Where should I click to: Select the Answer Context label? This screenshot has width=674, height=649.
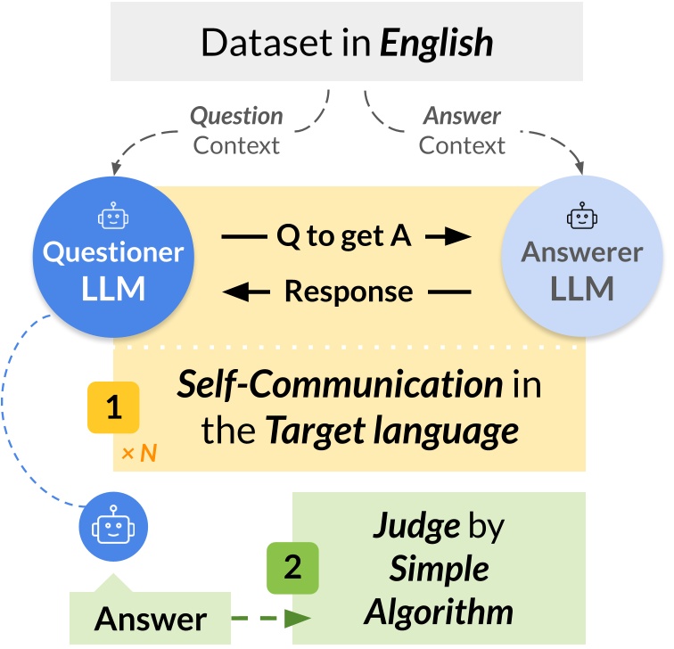(462, 130)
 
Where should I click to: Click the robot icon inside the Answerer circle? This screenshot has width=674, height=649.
(581, 217)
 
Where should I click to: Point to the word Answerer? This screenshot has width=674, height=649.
(581, 252)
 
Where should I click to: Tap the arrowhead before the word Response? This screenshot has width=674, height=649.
(236, 292)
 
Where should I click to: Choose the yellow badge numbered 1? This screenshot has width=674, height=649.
(113, 407)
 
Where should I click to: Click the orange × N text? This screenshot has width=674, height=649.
(138, 453)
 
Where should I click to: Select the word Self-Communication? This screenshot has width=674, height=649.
(340, 386)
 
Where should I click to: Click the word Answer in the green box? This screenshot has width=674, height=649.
(150, 619)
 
